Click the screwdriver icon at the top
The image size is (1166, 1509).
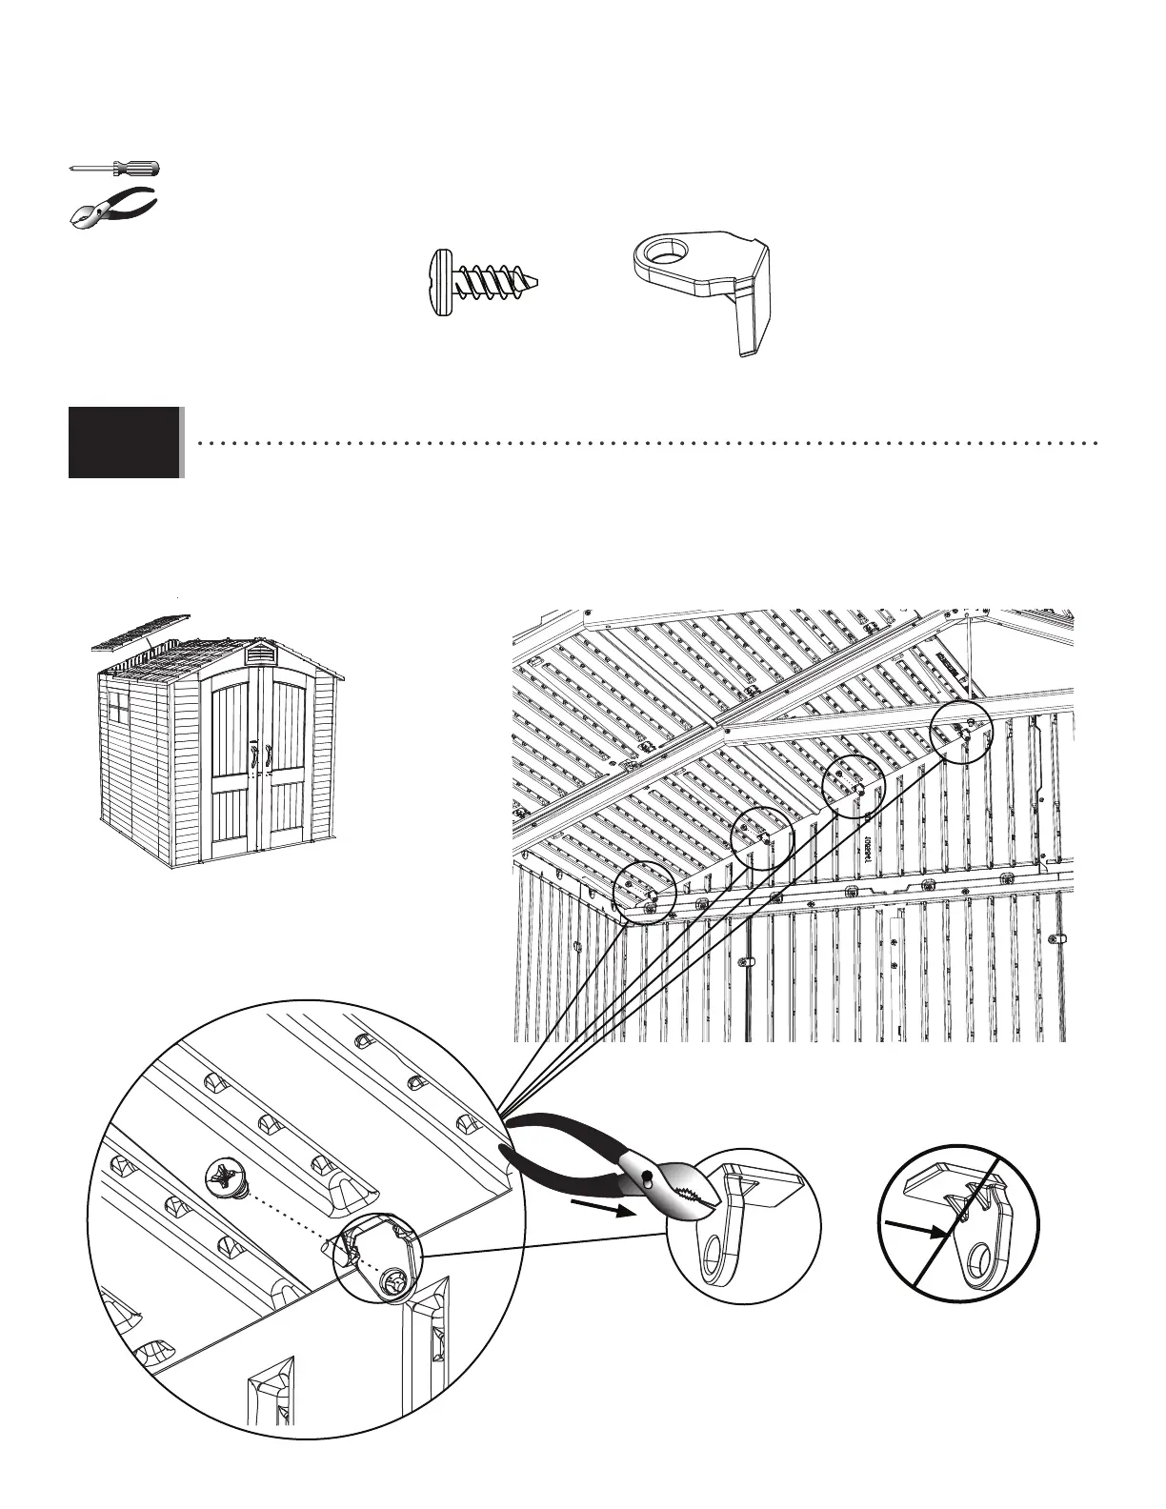click(x=114, y=169)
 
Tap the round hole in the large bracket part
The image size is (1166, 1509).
click(x=661, y=253)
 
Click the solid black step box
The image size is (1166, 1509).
click(x=124, y=442)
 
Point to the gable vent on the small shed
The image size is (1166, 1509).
click(x=258, y=654)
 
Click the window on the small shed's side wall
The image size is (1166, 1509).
click(x=119, y=708)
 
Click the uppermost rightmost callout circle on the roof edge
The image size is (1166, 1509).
click(x=961, y=733)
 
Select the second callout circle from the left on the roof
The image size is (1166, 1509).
click(x=761, y=837)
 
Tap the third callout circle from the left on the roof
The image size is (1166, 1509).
click(x=854, y=787)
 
